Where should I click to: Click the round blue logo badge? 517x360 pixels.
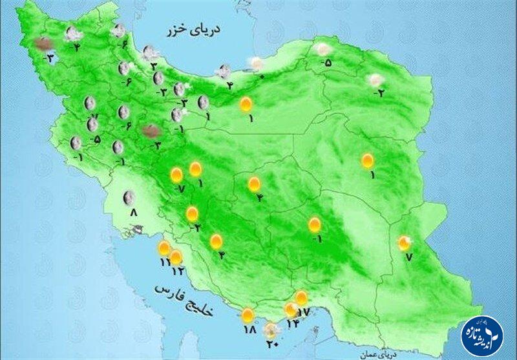point(481,335)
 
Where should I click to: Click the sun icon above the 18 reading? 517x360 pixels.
point(248,315)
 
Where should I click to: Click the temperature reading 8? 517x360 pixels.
point(133,212)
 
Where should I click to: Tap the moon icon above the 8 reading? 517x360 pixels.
point(130,196)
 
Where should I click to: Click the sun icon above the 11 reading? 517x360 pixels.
point(164,248)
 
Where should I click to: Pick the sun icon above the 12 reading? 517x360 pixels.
point(176,257)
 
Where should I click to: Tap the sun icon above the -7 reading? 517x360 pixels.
point(176,175)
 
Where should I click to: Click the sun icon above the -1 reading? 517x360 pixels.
point(314,225)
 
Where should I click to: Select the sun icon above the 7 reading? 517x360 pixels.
point(405,243)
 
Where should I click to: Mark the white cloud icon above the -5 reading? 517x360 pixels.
point(323,49)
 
